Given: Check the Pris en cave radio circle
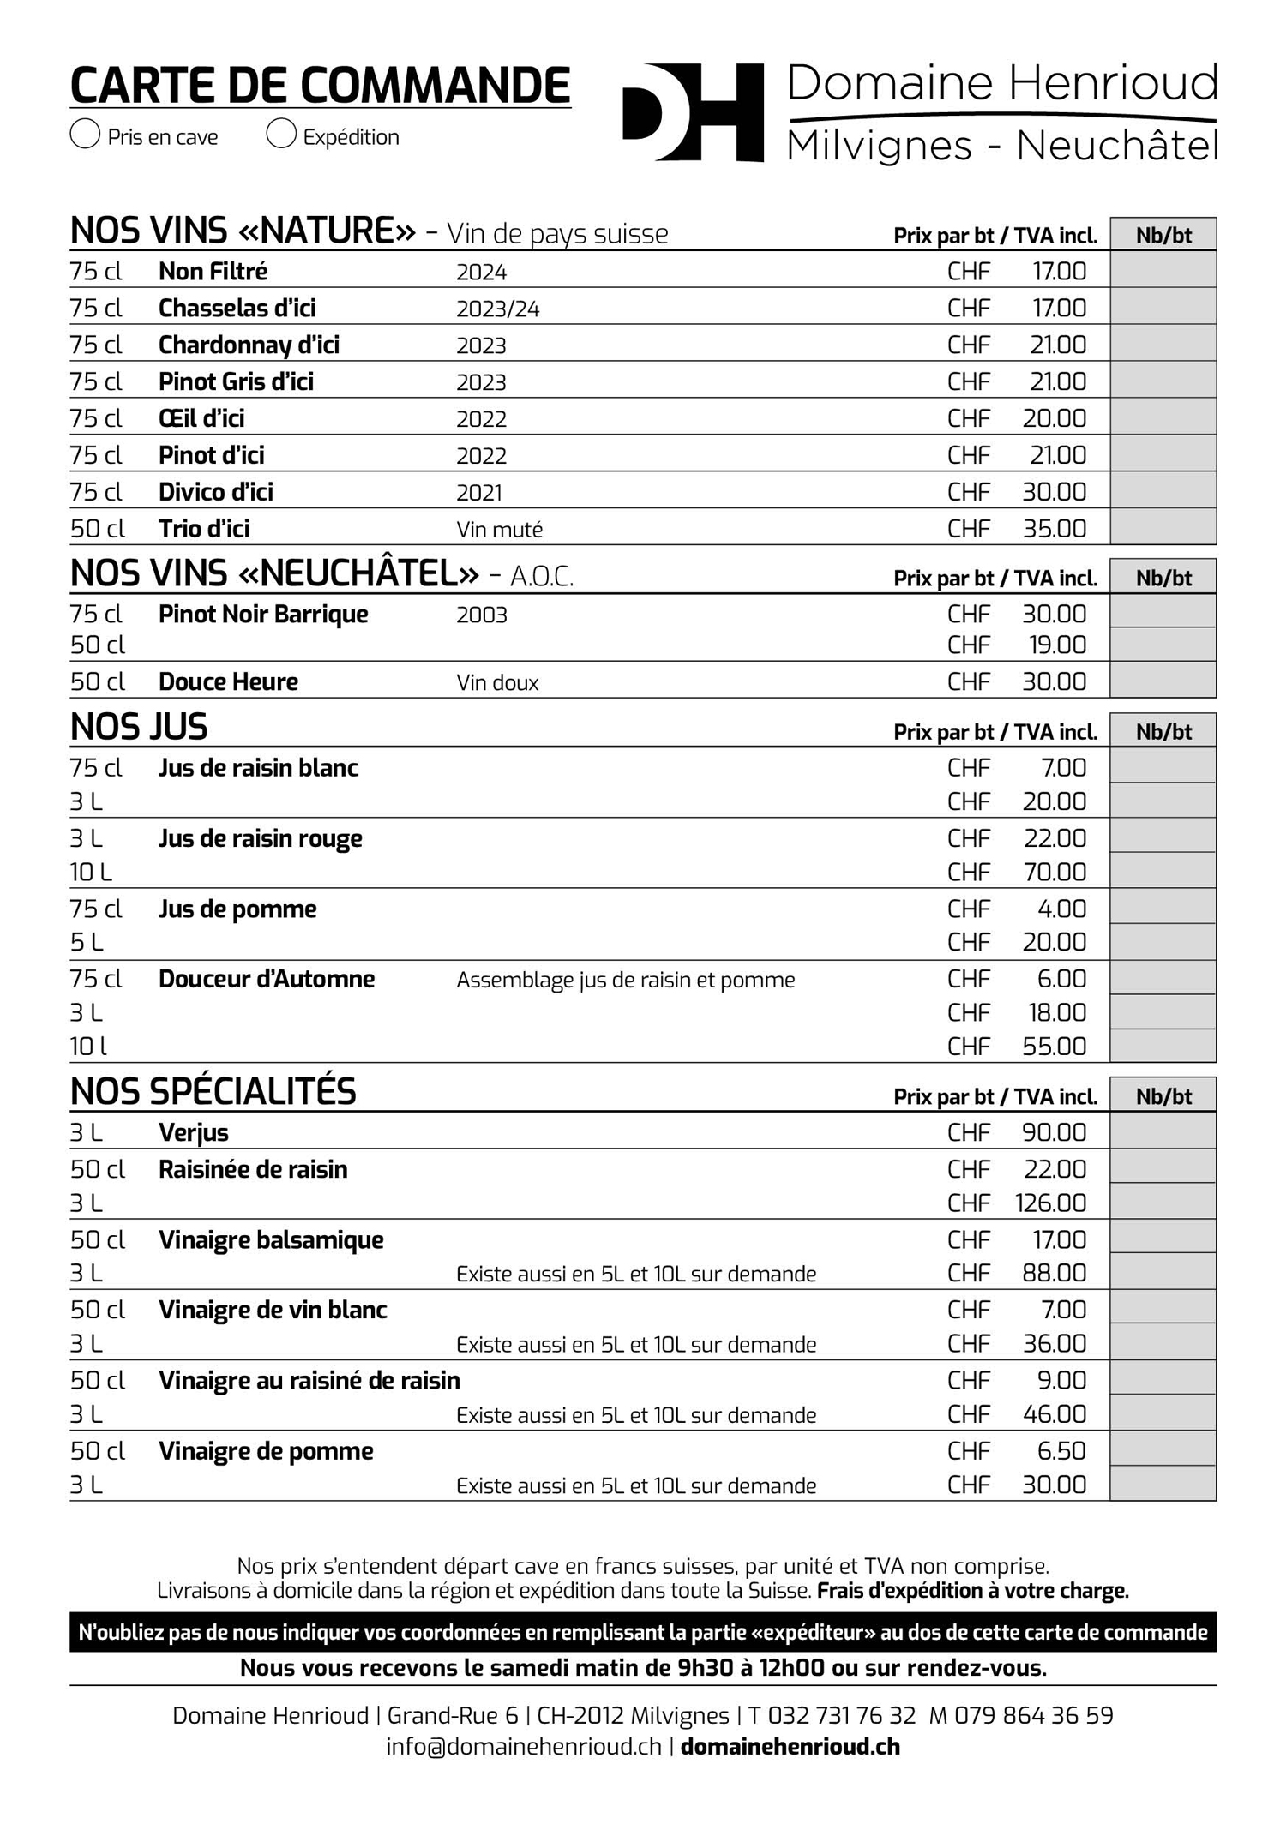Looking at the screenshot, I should point(85,135).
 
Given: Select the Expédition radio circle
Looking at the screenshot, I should point(281,135).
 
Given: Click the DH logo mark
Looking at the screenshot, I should point(693,112).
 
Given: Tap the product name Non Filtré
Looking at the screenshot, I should point(213,272).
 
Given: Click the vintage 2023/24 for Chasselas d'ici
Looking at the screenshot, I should point(497,309).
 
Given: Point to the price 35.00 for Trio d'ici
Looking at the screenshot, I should point(1054,529).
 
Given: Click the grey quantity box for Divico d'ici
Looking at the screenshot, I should point(1163,490).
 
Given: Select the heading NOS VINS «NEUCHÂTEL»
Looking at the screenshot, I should point(274,574).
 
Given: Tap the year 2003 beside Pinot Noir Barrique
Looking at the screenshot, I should point(481,615).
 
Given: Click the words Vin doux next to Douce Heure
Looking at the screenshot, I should point(497,683).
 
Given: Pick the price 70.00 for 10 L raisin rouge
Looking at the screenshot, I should point(1054,873).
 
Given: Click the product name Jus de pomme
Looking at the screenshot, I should point(237,909).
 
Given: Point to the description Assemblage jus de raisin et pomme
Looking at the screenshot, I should point(625,980).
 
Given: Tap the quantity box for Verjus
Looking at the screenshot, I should point(1163,1131).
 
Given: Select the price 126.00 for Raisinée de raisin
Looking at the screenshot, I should point(1050,1203).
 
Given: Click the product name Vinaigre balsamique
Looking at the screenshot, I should point(271,1240).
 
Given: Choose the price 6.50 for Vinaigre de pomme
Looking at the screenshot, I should point(1061,1451).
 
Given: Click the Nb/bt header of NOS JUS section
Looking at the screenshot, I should point(1163,732).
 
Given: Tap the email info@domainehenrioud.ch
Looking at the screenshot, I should point(523,1747).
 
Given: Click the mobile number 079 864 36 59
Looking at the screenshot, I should point(1033,1716).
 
